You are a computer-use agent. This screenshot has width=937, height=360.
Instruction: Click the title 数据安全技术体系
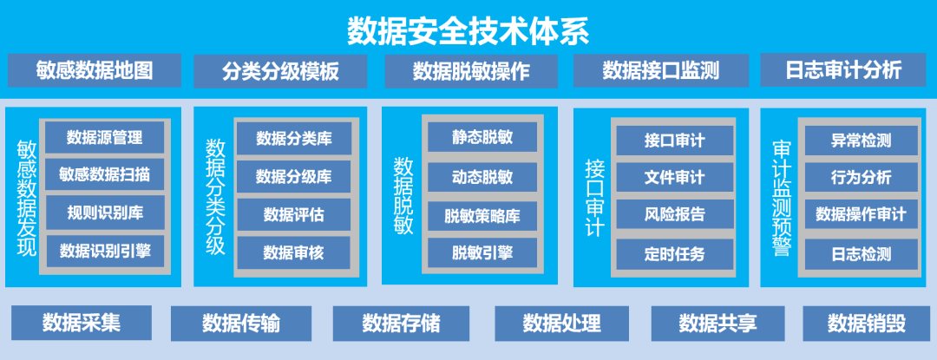[x=468, y=29]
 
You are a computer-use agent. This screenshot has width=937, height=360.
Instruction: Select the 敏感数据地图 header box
[x=95, y=70]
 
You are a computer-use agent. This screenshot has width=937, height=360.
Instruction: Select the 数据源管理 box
[x=104, y=137]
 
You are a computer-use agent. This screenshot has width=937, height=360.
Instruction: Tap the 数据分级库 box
[x=293, y=177]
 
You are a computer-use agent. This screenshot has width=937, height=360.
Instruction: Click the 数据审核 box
[x=293, y=252]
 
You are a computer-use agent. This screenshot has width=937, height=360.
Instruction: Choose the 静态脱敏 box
[x=482, y=137]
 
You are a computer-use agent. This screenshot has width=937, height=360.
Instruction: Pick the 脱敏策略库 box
[x=482, y=215]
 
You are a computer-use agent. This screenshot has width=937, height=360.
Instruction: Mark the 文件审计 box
[x=674, y=177]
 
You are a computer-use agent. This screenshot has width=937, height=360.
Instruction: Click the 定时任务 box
[x=674, y=254]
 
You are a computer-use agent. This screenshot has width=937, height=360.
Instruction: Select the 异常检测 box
[x=861, y=139]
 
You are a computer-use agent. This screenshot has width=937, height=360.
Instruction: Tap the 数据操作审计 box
[x=861, y=214]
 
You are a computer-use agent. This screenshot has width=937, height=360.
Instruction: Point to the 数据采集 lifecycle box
[x=82, y=323]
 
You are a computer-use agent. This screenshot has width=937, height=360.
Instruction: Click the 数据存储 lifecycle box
[x=401, y=324]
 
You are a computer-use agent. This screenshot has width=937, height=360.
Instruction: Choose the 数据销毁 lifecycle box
[x=866, y=324]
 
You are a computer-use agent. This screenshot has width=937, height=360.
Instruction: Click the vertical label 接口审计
[x=594, y=197]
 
